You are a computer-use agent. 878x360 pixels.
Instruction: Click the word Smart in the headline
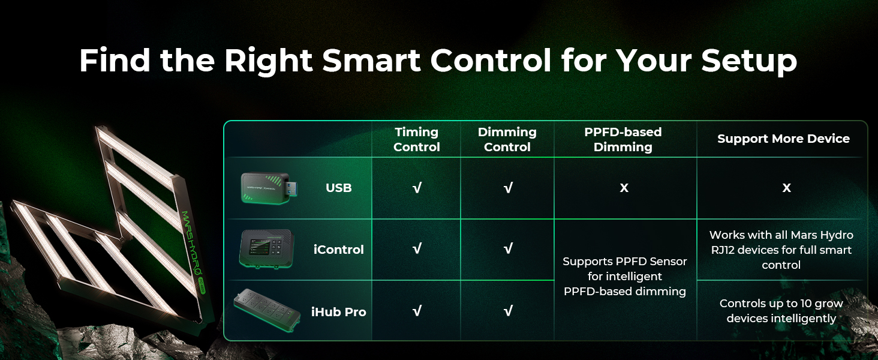[371, 61]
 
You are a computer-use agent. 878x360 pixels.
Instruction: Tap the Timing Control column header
[416, 139]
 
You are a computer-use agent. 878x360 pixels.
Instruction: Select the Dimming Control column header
[507, 139]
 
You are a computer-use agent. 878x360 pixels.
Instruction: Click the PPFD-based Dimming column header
[623, 139]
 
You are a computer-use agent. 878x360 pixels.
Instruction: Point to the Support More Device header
[783, 139]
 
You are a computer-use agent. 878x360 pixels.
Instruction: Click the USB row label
[339, 188]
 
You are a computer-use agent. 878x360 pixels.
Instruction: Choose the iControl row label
[339, 250]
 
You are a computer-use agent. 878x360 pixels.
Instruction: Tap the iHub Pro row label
[339, 312]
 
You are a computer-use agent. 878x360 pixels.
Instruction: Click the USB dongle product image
[269, 188]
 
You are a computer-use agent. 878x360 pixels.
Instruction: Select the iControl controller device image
[266, 249]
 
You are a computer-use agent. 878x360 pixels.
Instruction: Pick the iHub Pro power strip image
[267, 310]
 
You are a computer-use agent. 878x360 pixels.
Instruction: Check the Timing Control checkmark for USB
[417, 188]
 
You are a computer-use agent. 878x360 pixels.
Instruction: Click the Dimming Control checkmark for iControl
[508, 248]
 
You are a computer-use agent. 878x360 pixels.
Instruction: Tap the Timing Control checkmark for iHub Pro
[417, 311]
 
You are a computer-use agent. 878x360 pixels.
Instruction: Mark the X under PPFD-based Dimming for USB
[624, 188]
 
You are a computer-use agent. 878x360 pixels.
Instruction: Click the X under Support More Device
[786, 188]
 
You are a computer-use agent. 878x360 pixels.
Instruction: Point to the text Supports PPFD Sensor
[625, 261]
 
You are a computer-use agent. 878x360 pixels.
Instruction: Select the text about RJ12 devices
[781, 250]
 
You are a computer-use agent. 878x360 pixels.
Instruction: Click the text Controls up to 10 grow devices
[781, 311]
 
